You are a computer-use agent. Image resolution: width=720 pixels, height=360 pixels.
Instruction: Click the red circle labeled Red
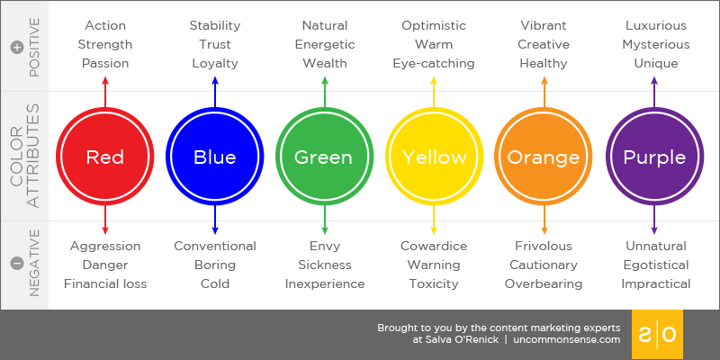click(x=105, y=157)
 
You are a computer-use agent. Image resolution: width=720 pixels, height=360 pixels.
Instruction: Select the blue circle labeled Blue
click(x=215, y=157)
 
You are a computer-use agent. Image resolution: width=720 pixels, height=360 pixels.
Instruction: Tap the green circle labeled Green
click(x=325, y=157)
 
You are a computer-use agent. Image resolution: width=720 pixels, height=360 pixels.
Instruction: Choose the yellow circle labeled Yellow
click(x=435, y=157)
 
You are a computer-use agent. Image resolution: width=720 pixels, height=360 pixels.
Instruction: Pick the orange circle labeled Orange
click(x=544, y=157)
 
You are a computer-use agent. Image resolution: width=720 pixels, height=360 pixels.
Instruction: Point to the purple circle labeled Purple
click(x=654, y=157)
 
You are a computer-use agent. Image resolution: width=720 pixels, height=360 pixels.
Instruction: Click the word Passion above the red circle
click(x=105, y=63)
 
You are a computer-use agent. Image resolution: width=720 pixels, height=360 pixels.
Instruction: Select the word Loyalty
click(x=215, y=63)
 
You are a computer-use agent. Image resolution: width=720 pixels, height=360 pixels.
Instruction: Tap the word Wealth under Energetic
click(x=325, y=63)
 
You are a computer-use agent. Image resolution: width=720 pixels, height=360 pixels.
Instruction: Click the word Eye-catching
click(x=434, y=63)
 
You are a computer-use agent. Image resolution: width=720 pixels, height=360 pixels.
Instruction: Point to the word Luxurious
click(x=655, y=25)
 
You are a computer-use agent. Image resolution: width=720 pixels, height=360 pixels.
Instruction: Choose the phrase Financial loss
click(x=105, y=284)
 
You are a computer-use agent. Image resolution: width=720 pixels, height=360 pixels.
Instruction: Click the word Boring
click(x=215, y=265)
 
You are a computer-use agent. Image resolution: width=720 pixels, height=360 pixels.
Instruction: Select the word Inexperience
click(x=325, y=284)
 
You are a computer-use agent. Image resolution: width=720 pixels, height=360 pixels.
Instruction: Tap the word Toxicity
click(x=434, y=284)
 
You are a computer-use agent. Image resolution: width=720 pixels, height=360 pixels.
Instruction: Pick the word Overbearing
click(x=544, y=284)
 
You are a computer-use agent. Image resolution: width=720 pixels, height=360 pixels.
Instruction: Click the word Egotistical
click(x=655, y=265)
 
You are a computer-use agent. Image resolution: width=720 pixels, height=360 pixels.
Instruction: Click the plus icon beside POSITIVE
click(x=15, y=47)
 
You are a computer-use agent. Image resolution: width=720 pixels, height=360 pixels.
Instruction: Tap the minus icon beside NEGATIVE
click(x=15, y=263)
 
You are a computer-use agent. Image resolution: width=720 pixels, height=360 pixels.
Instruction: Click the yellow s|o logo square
click(x=657, y=335)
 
